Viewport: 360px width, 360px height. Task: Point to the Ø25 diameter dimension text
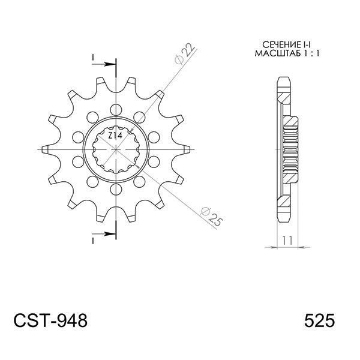coord(209,217)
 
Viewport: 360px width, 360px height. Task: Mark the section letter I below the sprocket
coord(94,240)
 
